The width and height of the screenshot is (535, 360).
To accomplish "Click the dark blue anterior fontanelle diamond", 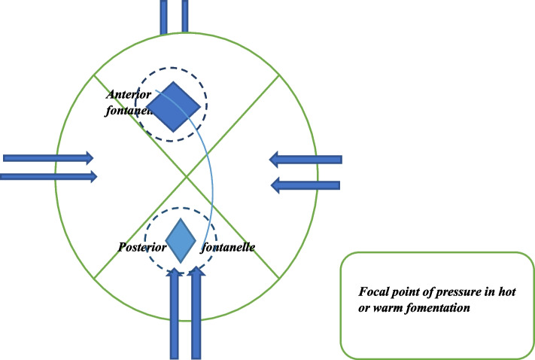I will [x=174, y=105].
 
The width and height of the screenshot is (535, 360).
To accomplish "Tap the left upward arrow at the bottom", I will [x=175, y=313].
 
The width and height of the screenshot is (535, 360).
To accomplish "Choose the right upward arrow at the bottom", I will [x=197, y=313].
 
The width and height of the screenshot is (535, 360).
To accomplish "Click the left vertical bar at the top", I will [x=163, y=17].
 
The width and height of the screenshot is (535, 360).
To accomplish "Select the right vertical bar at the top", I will [x=185, y=17].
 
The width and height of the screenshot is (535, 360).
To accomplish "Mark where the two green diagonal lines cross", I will [x=187, y=177].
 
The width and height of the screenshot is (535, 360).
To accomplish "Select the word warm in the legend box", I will [x=390, y=307].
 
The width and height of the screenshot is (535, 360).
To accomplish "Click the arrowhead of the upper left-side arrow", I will [x=89, y=158].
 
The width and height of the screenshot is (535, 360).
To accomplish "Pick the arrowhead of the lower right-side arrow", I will [x=275, y=184].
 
